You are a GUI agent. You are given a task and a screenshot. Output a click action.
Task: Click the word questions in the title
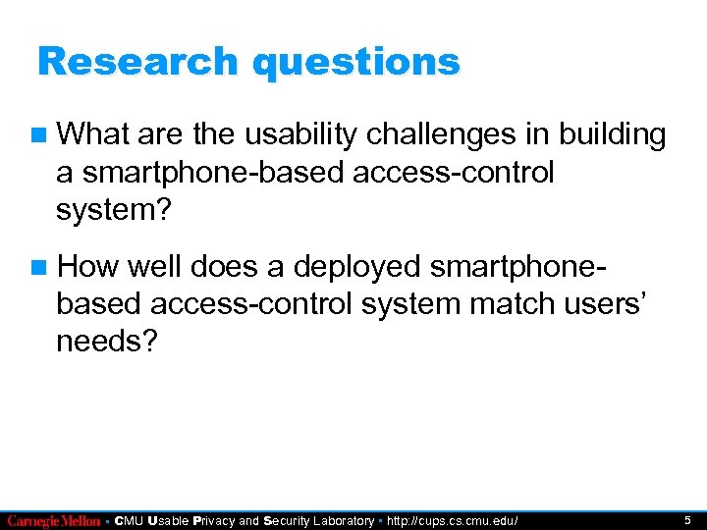click(x=355, y=62)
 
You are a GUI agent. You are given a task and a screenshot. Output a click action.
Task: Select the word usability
click(x=290, y=134)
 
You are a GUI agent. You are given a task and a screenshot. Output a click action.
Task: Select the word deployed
click(x=349, y=267)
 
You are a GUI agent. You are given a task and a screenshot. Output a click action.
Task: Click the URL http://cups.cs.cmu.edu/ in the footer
click(x=453, y=520)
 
